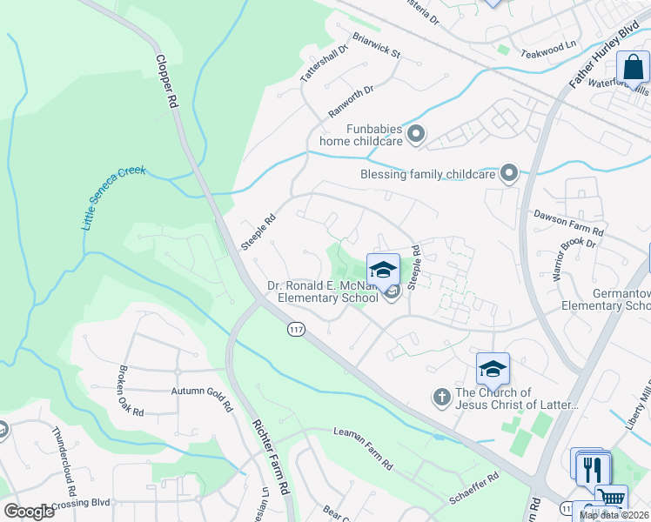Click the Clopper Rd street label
167,83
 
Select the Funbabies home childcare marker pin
416,134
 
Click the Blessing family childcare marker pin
509,174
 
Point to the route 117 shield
295,328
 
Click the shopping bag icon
633,66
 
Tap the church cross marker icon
441,398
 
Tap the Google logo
29,512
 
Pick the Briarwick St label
376,46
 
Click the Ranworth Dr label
351,101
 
